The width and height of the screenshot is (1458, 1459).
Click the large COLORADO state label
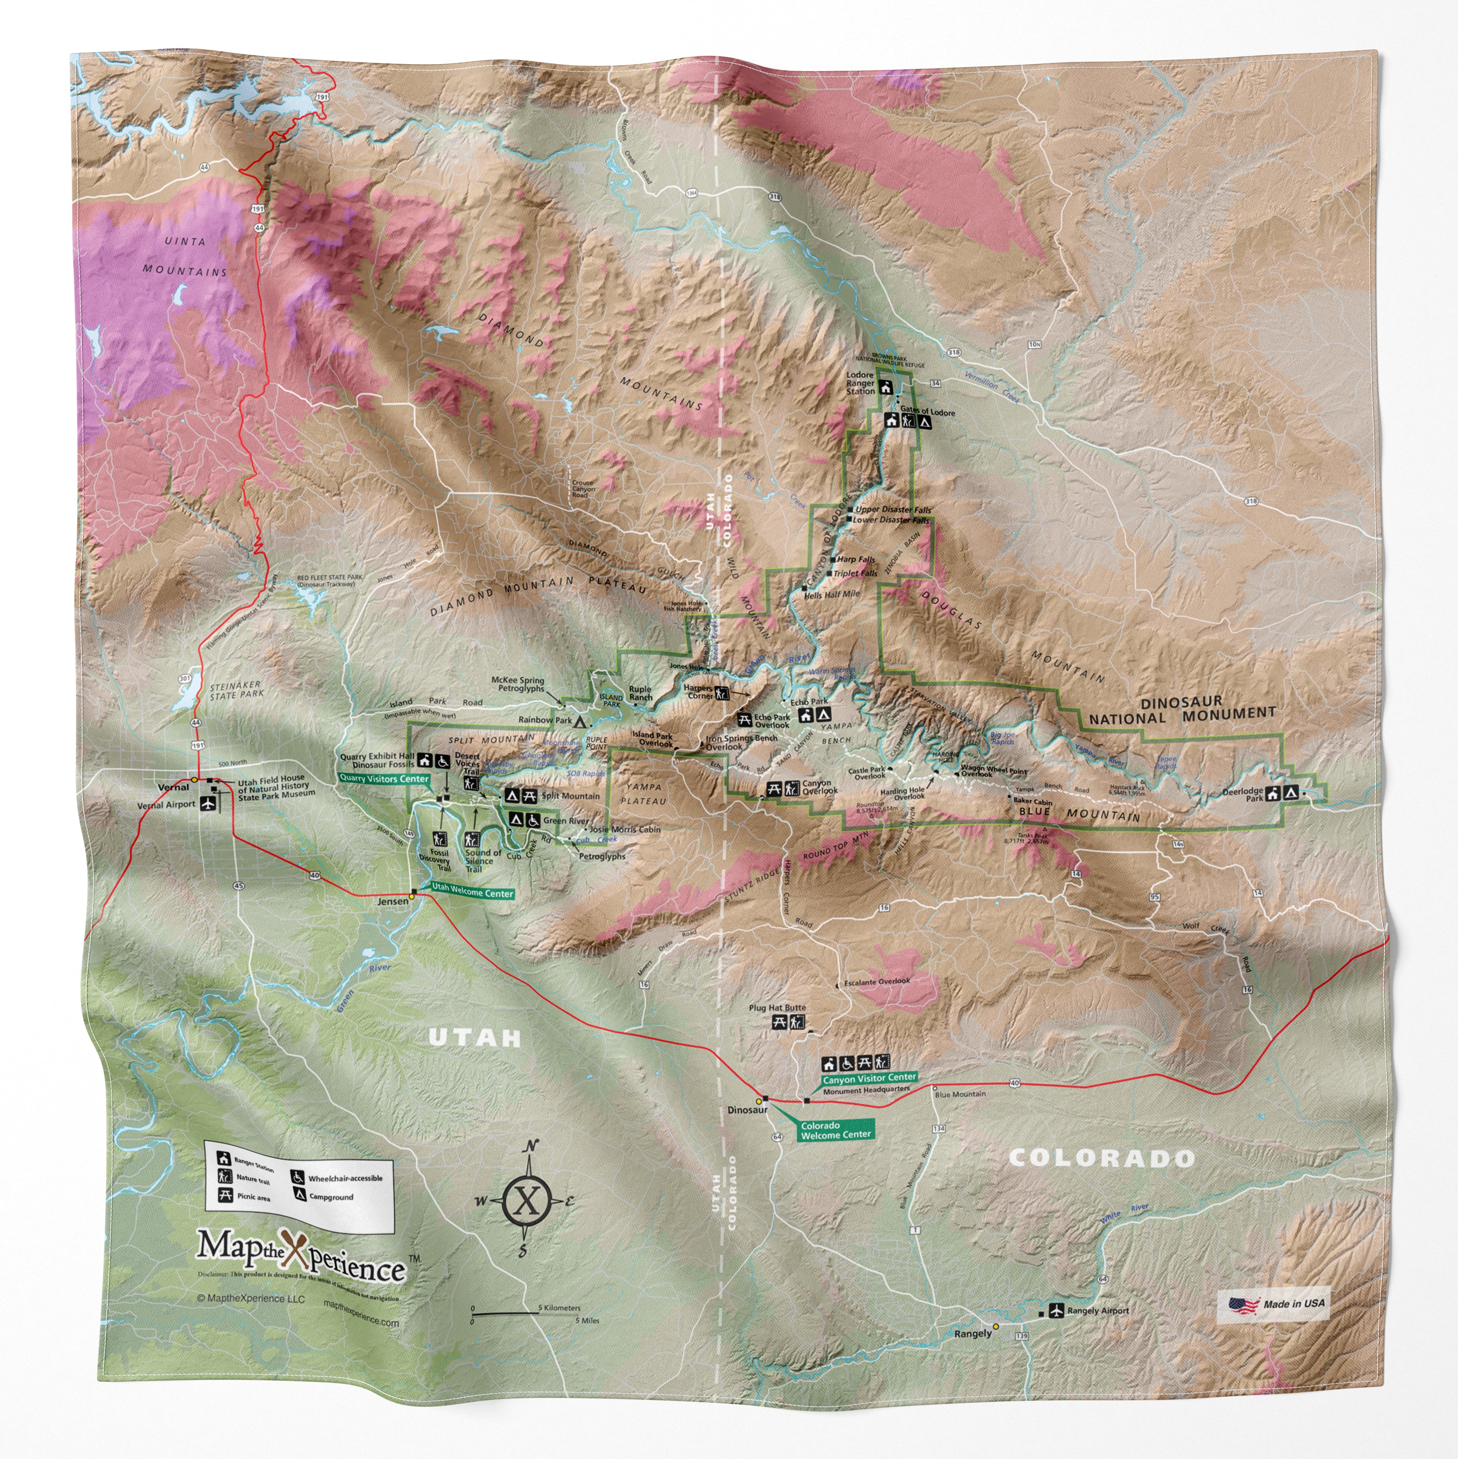(x=1100, y=1158)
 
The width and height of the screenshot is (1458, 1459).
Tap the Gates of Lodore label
(x=927, y=412)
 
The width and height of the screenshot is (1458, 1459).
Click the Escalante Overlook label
(x=877, y=982)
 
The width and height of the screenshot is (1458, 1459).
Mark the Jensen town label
(x=393, y=901)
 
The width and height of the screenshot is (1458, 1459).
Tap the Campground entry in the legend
(x=330, y=1197)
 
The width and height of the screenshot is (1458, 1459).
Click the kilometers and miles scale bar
(x=536, y=1314)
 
